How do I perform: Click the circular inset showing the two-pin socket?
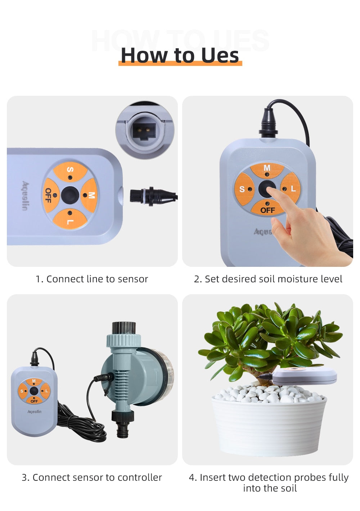[145, 130]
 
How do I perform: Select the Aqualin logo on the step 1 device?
[26, 196]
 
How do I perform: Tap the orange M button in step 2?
[267, 170]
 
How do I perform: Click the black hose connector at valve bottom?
[122, 423]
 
